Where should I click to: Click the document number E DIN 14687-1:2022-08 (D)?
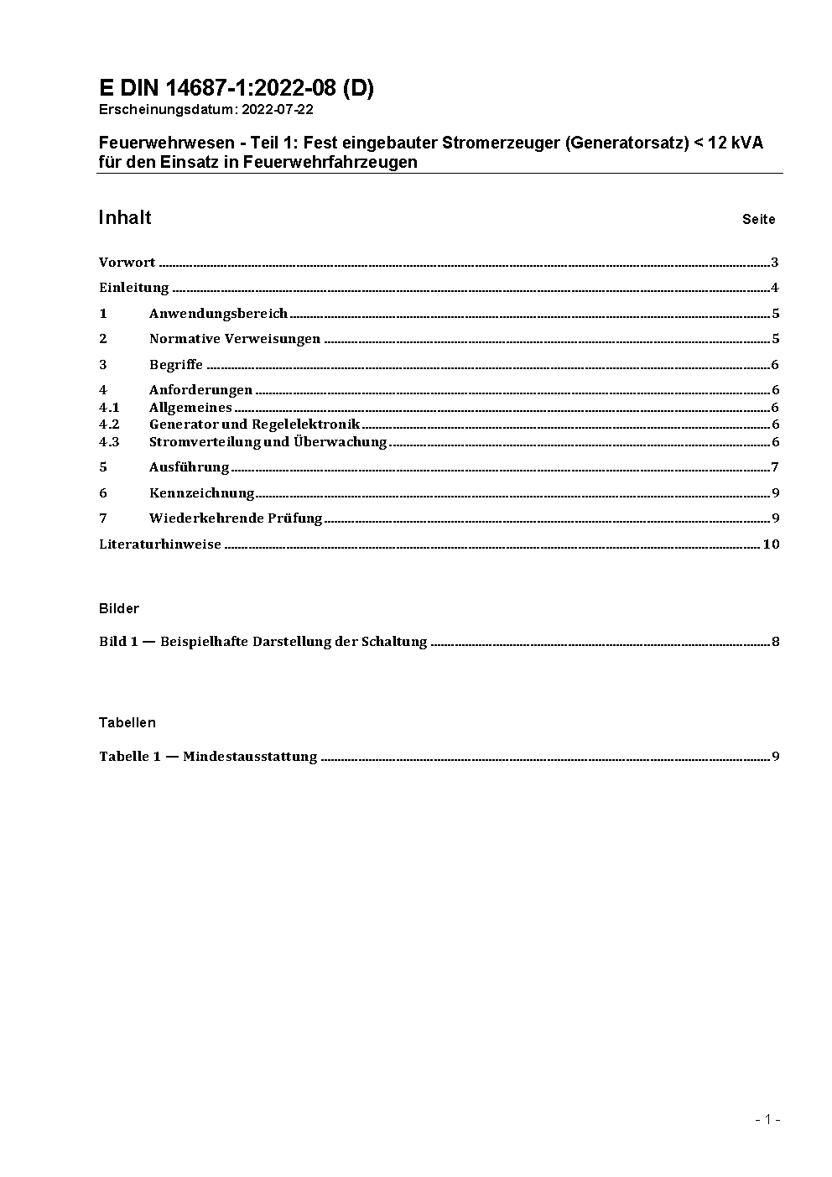(x=236, y=88)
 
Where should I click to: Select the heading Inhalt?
(x=125, y=218)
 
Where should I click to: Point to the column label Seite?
(x=758, y=220)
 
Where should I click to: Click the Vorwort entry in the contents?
(x=127, y=263)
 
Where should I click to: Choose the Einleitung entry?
(x=134, y=288)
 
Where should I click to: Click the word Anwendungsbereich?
(x=218, y=314)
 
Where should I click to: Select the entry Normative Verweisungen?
(x=235, y=339)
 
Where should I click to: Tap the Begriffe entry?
(x=176, y=365)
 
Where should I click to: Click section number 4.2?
(x=109, y=424)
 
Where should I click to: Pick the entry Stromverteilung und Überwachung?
(x=268, y=442)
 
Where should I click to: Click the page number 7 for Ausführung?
(x=776, y=467)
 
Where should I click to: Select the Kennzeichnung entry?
(x=201, y=493)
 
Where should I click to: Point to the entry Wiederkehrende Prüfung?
(x=236, y=518)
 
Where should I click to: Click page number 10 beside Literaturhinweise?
(x=771, y=544)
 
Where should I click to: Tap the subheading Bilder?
(x=119, y=608)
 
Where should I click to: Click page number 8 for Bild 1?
(x=776, y=643)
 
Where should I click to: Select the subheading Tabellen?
(x=127, y=722)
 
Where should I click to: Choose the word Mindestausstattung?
(x=250, y=757)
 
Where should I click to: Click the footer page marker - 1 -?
(x=767, y=1119)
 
